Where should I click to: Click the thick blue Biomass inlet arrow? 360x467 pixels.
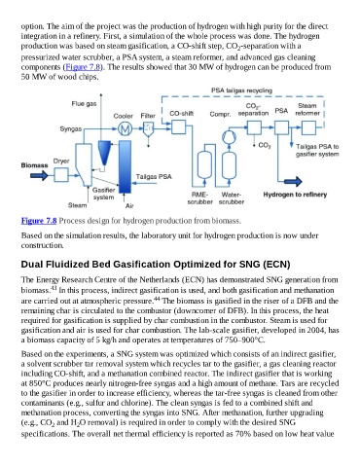[x=39, y=175]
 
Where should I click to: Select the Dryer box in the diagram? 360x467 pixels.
[x=61, y=175]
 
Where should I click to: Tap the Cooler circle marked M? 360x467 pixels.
[x=125, y=129]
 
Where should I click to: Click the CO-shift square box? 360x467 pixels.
[x=178, y=127]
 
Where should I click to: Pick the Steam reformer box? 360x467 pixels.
[x=308, y=127]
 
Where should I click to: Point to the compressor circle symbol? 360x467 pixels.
[x=229, y=137]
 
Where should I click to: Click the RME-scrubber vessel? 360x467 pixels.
[x=204, y=164]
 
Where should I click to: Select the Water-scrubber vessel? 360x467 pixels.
[x=229, y=165]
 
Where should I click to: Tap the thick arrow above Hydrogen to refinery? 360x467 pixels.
[x=293, y=182]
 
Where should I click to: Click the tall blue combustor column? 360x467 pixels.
[x=125, y=167]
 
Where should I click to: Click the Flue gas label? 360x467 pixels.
[x=84, y=104]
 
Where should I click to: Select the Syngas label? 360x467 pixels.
[x=71, y=129]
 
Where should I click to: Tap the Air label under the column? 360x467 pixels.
[x=129, y=205]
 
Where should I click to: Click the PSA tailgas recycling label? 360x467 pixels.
[x=241, y=90]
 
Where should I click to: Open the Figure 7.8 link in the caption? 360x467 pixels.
[x=39, y=221]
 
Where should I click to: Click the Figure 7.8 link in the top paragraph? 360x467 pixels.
[x=83, y=67]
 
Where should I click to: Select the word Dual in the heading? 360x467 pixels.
[x=32, y=265]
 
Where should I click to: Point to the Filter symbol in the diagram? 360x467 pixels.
[x=149, y=128]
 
